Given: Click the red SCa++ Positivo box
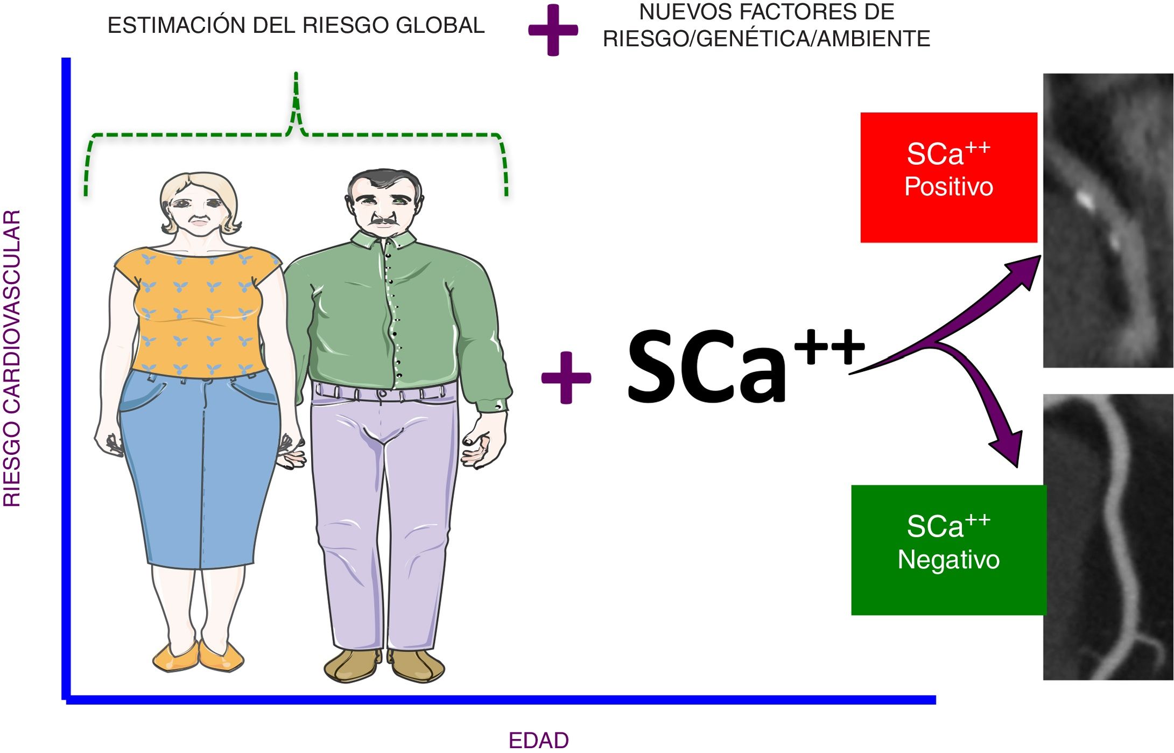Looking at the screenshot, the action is (x=948, y=177).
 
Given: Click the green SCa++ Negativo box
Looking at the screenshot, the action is (x=948, y=550).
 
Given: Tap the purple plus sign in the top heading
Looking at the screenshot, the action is (x=553, y=30).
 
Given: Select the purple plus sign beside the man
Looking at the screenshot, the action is (x=566, y=377).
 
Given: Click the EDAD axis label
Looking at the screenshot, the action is (x=538, y=741).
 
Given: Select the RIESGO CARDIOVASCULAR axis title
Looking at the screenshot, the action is (x=12, y=358).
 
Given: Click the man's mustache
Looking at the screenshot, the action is (x=383, y=220).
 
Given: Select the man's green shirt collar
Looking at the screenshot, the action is (x=383, y=240).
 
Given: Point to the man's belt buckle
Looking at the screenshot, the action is (x=382, y=393).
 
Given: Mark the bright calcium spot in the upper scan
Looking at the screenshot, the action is (x=1085, y=200).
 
